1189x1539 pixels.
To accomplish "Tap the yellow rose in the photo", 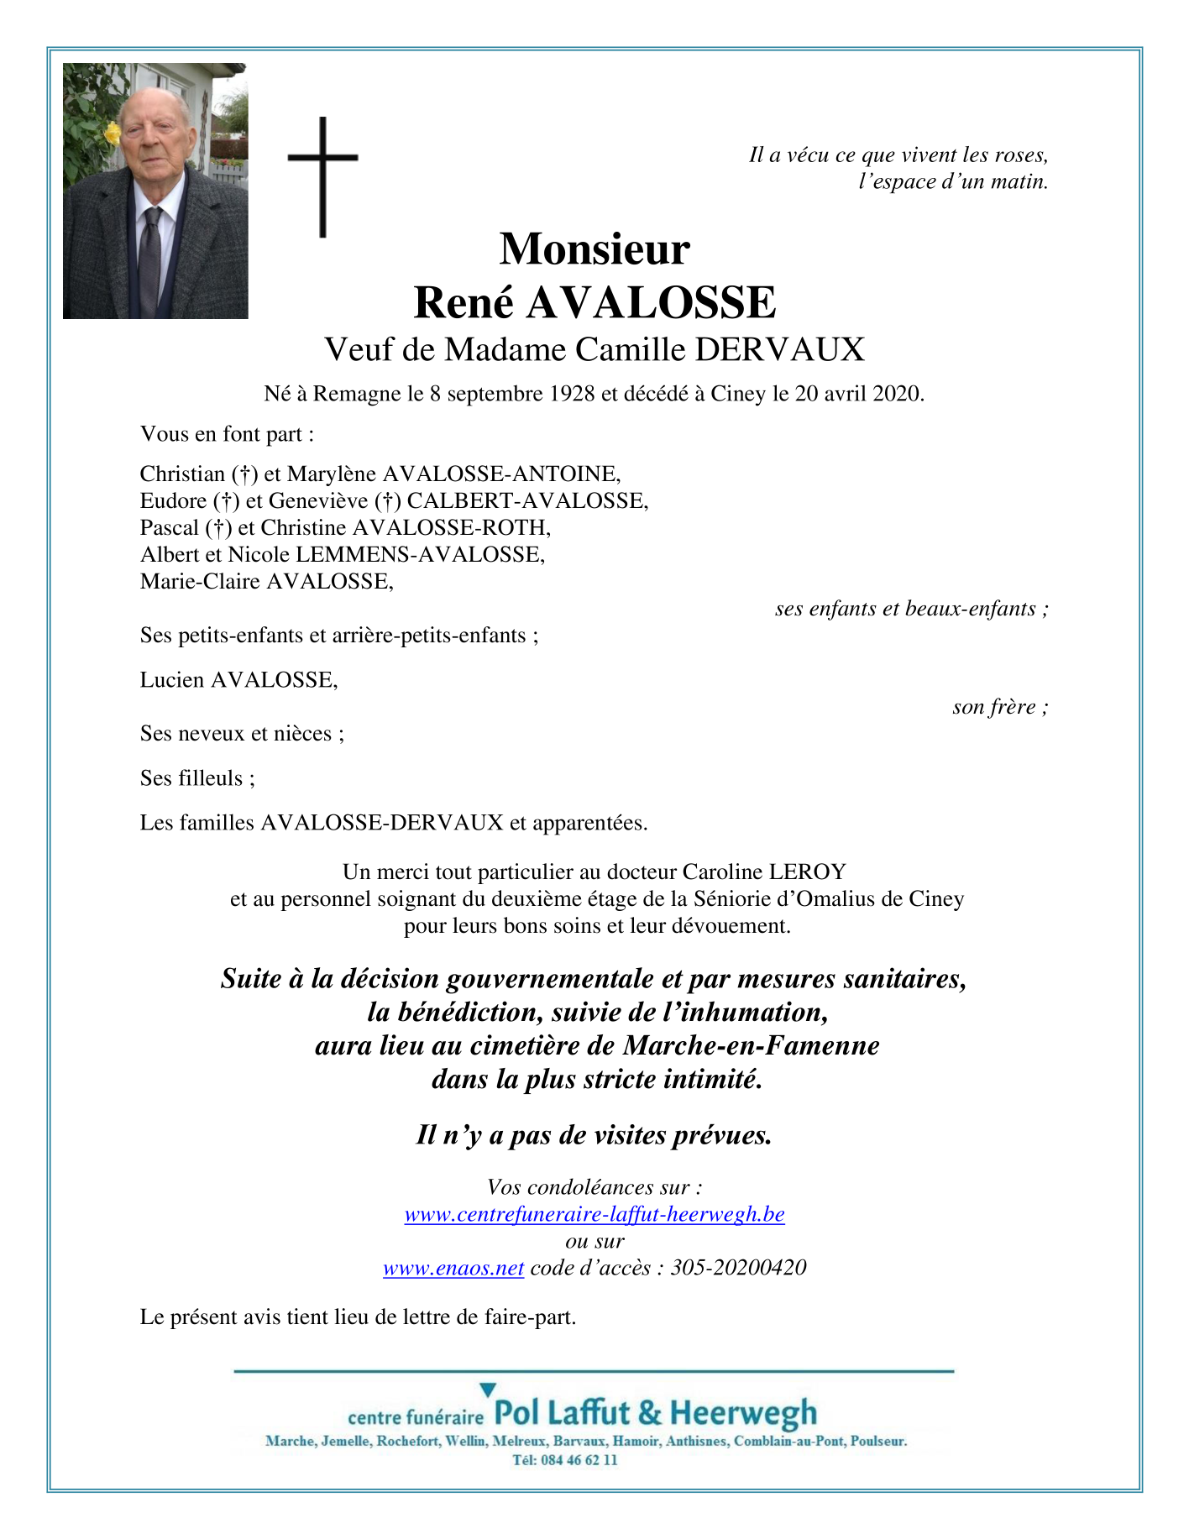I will (x=112, y=133).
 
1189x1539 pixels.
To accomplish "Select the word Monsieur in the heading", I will (x=594, y=249).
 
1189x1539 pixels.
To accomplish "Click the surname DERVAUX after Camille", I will (x=779, y=349).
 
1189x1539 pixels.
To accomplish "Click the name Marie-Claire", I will (x=200, y=581).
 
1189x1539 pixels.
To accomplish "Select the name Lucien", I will (x=172, y=680).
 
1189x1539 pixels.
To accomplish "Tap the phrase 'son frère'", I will (x=999, y=707).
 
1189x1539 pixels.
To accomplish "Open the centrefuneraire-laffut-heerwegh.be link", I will (x=594, y=1214).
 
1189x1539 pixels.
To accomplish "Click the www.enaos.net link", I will (x=453, y=1268).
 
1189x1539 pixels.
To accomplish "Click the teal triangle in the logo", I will (x=488, y=1390).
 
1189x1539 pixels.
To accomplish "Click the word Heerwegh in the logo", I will (x=743, y=1413).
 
